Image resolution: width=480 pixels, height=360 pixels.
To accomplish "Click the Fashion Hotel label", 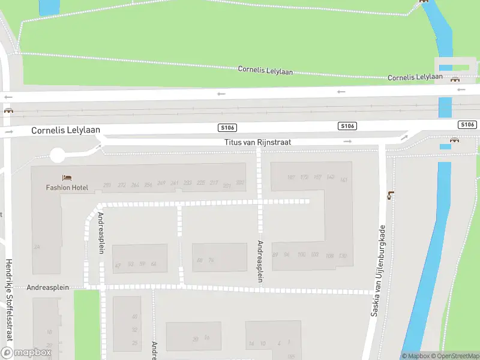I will tap(67, 187).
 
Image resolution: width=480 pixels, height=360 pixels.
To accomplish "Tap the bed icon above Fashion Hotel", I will tap(67, 178).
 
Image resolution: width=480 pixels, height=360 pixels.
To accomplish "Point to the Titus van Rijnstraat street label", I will tap(257, 142).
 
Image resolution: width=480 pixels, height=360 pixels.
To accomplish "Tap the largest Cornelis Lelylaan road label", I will tap(65, 130).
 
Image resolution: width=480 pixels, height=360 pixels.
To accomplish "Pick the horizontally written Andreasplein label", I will tap(48, 287).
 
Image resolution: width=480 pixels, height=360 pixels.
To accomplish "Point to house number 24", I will tap(37, 247).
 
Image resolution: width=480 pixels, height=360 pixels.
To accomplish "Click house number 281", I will tap(107, 185).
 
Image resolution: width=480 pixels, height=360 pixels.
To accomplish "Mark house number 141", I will tap(344, 180).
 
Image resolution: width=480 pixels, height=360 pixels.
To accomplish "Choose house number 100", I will tap(301, 254).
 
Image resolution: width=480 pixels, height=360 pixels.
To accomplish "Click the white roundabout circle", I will tap(57, 156).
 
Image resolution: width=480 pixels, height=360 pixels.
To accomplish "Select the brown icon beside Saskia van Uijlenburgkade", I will tap(391, 194).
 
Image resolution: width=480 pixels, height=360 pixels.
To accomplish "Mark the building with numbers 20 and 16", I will tap(193, 336).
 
